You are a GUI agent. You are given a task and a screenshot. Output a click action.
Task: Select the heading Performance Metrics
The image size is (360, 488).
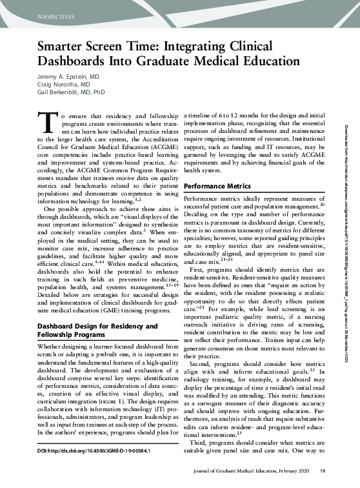tap(217, 187)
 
